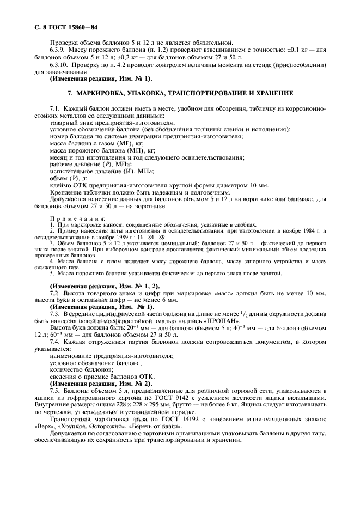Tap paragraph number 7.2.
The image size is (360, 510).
[54, 294]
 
